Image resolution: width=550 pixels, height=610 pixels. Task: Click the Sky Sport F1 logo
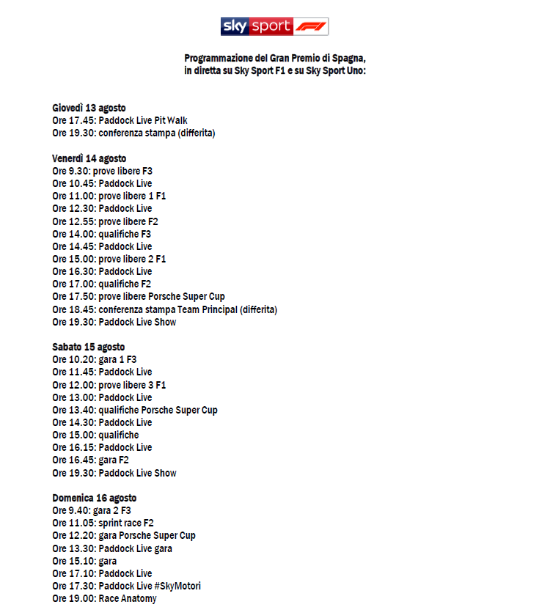pyautogui.click(x=275, y=26)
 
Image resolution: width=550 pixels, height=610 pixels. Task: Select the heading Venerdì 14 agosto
pyautogui.click(x=89, y=158)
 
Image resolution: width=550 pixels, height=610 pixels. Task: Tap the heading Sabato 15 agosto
pyautogui.click(x=89, y=347)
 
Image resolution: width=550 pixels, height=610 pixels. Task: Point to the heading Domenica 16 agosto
pyautogui.click(x=94, y=498)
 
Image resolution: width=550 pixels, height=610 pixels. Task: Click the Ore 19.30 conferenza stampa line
pyautogui.click(x=133, y=133)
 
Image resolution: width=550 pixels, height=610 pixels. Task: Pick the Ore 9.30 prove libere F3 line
pyautogui.click(x=102, y=171)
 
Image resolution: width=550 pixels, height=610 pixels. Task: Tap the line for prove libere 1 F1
pyautogui.click(x=109, y=196)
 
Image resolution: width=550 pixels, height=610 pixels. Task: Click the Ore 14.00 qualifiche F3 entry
pyautogui.click(x=101, y=234)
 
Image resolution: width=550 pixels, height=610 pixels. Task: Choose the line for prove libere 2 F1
pyautogui.click(x=109, y=259)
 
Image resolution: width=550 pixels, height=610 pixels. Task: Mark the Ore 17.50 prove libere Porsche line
pyautogui.click(x=139, y=296)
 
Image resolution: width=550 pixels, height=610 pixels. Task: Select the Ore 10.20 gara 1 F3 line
pyautogui.click(x=95, y=359)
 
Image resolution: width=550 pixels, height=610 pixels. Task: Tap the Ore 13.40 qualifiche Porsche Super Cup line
pyautogui.click(x=135, y=410)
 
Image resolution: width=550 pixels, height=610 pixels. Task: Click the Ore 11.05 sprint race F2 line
pyautogui.click(x=103, y=523)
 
